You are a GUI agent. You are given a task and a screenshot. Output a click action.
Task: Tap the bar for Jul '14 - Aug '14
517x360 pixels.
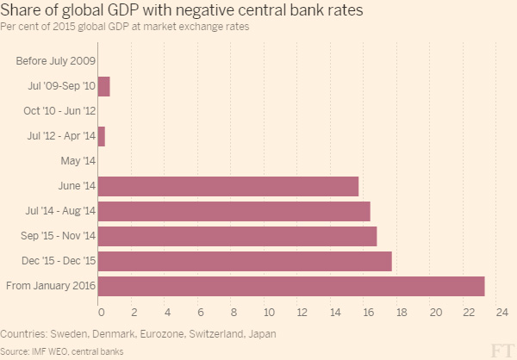(234, 211)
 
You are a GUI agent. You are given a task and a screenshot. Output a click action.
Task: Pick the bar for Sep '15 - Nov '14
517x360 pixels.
(238, 236)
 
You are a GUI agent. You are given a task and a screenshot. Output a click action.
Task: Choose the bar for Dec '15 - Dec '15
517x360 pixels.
(246, 261)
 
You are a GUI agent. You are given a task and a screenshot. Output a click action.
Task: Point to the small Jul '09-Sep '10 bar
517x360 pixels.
(104, 86)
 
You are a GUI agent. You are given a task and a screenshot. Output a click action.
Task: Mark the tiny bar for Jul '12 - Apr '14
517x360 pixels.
(102, 136)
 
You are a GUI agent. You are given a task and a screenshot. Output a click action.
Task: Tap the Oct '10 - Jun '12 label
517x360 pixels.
(59, 111)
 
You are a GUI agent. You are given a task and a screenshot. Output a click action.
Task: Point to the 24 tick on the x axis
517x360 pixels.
(502, 312)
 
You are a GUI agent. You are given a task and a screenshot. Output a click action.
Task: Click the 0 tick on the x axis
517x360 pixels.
(101, 312)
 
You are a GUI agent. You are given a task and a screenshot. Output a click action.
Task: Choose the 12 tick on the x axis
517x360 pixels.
(302, 312)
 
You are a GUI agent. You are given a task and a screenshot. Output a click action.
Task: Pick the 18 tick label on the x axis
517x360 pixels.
(402, 312)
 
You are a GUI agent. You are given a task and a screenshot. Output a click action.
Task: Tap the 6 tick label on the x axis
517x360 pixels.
(200, 312)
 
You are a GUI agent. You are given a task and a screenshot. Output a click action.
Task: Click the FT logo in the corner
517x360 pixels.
(502, 349)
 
